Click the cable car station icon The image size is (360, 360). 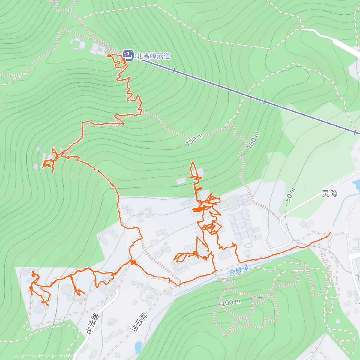128,55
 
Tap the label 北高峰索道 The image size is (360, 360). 153,56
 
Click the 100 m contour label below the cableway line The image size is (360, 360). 253,140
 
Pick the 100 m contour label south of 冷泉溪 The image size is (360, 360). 231,302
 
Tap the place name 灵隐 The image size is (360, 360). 329,194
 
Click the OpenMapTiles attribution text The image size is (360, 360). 29,356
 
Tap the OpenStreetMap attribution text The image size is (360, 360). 60,356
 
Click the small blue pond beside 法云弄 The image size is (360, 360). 138,347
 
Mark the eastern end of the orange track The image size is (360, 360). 330,233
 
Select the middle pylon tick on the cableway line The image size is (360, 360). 264,102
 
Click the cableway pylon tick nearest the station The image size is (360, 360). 173,70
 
